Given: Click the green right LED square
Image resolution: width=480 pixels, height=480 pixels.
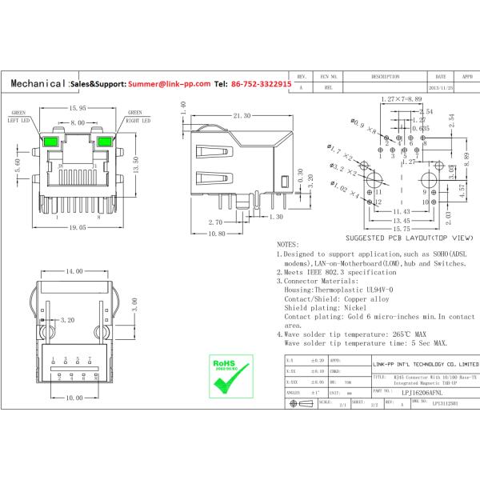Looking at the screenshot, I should pyautogui.click(x=104, y=145).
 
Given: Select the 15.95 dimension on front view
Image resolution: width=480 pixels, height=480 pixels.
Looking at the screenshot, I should pyautogui.click(x=77, y=107).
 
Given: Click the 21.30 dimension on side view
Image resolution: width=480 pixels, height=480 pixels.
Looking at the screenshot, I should pyautogui.click(x=242, y=116).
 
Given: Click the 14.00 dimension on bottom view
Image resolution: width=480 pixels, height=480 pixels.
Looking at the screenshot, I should pyautogui.click(x=74, y=272).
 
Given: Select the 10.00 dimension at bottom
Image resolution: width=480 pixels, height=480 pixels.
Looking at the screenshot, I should pyautogui.click(x=74, y=398).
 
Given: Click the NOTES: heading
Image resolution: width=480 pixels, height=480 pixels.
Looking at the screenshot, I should pyautogui.click(x=288, y=244).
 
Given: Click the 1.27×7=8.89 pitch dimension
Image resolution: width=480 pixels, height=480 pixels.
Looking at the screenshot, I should pyautogui.click(x=402, y=98).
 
